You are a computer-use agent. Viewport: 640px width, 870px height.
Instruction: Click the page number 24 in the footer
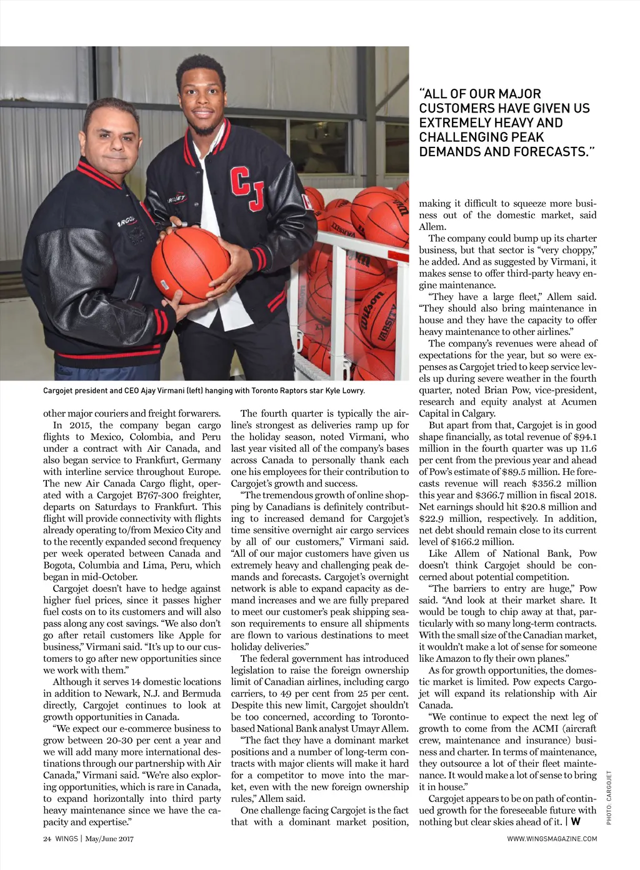pos(47,839)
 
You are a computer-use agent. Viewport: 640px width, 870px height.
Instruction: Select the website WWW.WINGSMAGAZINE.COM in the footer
pos(552,839)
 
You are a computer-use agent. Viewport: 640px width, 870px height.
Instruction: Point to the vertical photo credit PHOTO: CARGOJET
pos(609,797)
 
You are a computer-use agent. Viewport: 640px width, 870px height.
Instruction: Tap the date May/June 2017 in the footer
pos(109,839)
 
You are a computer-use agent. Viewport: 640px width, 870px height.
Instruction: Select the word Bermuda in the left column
pos(201,694)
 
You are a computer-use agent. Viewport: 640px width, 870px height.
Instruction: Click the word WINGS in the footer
pos(66,839)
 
